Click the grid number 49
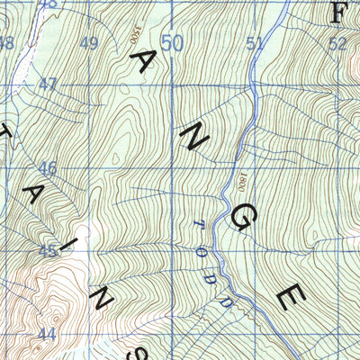pyautogui.click(x=89, y=43)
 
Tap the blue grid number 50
pyautogui.click(x=172, y=43)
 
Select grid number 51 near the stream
pyautogui.click(x=255, y=43)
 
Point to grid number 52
pyautogui.click(x=337, y=43)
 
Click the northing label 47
pyautogui.click(x=48, y=85)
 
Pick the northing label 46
pyautogui.click(x=48, y=168)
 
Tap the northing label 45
pyautogui.click(x=48, y=251)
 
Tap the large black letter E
pyautogui.click(x=291, y=296)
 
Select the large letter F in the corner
pyautogui.click(x=339, y=13)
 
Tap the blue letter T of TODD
pyautogui.click(x=201, y=225)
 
